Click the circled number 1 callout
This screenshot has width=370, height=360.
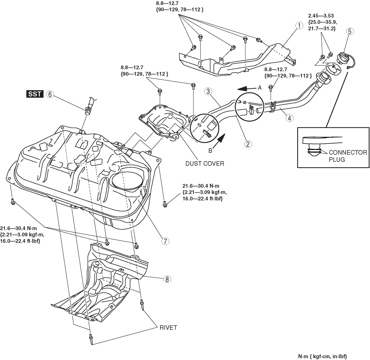click(x=298, y=26)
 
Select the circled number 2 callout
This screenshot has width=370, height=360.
click(x=247, y=144)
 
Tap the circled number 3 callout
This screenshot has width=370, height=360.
click(x=208, y=91)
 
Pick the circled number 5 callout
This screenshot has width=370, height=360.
click(x=350, y=31)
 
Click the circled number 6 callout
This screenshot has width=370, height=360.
click(x=50, y=94)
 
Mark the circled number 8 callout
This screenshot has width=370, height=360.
click(x=166, y=279)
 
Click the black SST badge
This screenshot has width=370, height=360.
click(x=34, y=94)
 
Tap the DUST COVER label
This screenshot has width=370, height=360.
click(x=205, y=164)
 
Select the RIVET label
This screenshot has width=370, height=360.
click(x=168, y=327)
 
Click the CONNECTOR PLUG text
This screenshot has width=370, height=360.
click(x=348, y=156)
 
